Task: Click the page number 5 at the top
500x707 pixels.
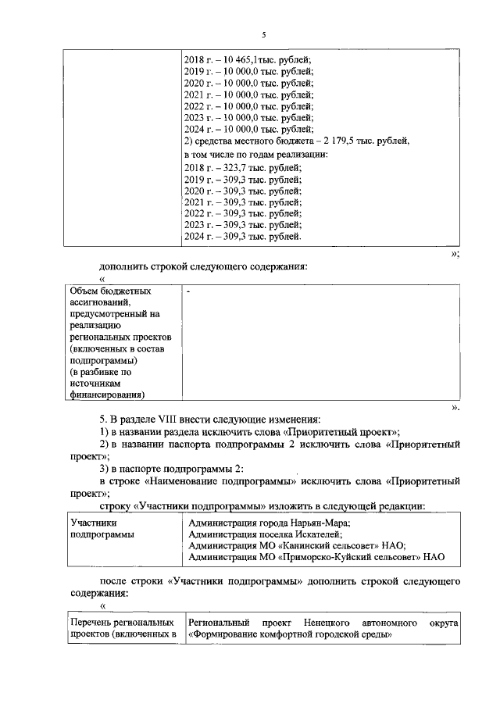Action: pos(264,34)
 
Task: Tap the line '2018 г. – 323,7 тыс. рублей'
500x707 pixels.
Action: pos(241,167)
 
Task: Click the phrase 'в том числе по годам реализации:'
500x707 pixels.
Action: pos(255,154)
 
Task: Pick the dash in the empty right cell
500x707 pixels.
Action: pos(188,291)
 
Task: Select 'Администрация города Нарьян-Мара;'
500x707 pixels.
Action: pos(270,523)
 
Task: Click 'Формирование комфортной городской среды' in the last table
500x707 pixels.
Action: pos(289,635)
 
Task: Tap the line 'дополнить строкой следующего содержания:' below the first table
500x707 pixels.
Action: pos(203,266)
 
